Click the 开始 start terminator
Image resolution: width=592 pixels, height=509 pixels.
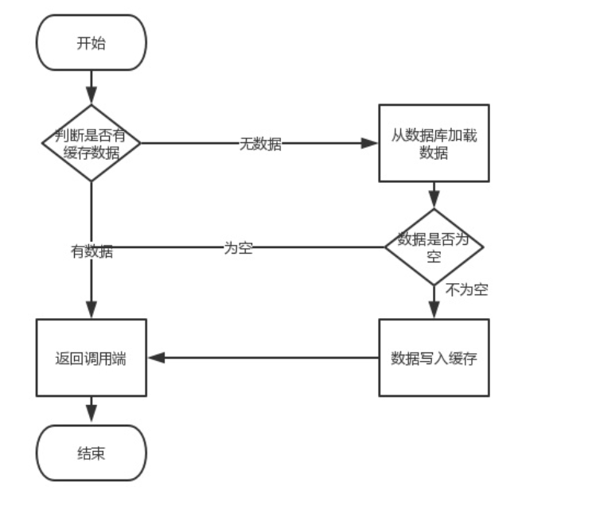[x=91, y=43]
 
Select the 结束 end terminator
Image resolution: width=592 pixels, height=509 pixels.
[x=91, y=453]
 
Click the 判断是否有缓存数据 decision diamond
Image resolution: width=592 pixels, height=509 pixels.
[x=91, y=143]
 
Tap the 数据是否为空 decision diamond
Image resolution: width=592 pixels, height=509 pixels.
[x=434, y=247]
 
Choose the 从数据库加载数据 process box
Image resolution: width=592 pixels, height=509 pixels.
[x=434, y=143]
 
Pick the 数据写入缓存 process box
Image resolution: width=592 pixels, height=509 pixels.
[x=434, y=358]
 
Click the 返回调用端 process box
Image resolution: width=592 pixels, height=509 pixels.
[x=91, y=358]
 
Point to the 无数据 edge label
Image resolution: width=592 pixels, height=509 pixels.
[x=260, y=144]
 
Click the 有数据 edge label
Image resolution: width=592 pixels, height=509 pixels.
[x=92, y=252]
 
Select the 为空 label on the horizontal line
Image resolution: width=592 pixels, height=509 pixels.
[x=238, y=247]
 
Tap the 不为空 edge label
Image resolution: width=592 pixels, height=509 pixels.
[x=467, y=290]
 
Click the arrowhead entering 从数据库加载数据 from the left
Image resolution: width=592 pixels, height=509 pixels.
[x=370, y=143]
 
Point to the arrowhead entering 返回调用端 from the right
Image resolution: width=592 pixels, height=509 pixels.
[x=156, y=358]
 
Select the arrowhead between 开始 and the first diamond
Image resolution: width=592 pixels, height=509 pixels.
[x=91, y=96]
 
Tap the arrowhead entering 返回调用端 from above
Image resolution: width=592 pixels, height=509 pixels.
[x=91, y=311]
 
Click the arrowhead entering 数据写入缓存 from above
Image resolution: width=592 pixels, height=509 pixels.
[x=434, y=311]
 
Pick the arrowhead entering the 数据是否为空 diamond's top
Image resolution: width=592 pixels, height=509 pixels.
[x=434, y=200]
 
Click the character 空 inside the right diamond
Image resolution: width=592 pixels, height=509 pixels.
[x=434, y=257]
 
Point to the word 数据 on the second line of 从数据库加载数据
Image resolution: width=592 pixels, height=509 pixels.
[x=434, y=153]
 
